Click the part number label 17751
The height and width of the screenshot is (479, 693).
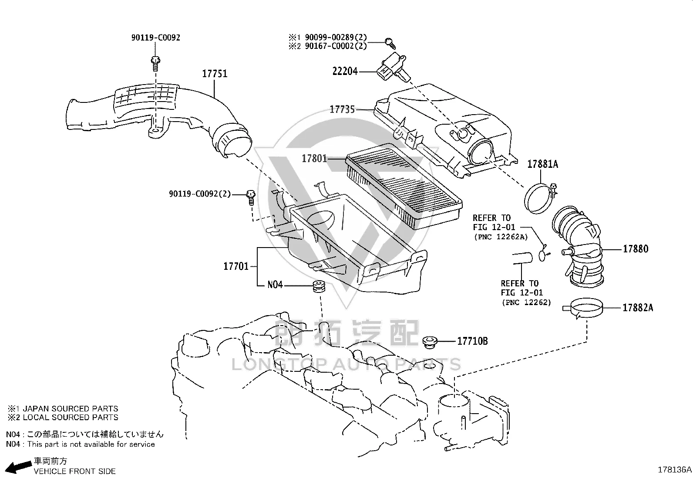tap(215, 74)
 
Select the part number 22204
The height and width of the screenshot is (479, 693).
tap(345, 71)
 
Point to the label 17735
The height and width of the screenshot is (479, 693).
tap(342, 109)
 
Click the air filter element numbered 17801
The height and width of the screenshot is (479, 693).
tap(404, 186)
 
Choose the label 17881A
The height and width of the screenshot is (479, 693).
tap(543, 164)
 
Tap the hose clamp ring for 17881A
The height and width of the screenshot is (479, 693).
tap(539, 198)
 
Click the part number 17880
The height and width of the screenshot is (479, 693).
tap(636, 249)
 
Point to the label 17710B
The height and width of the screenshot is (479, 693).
tap(472, 341)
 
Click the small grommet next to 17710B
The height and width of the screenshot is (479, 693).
tap(430, 342)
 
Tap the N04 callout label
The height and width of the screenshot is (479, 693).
tap(275, 285)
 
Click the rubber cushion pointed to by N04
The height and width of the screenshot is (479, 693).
tap(319, 286)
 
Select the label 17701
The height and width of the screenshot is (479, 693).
tap(236, 266)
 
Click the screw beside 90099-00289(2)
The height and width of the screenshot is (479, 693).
tap(390, 43)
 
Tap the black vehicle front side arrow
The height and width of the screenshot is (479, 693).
tap(19, 467)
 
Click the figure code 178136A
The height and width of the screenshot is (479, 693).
tap(674, 470)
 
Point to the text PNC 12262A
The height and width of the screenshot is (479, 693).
tap(501, 237)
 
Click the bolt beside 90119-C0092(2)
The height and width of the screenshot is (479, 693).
tap(251, 197)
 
